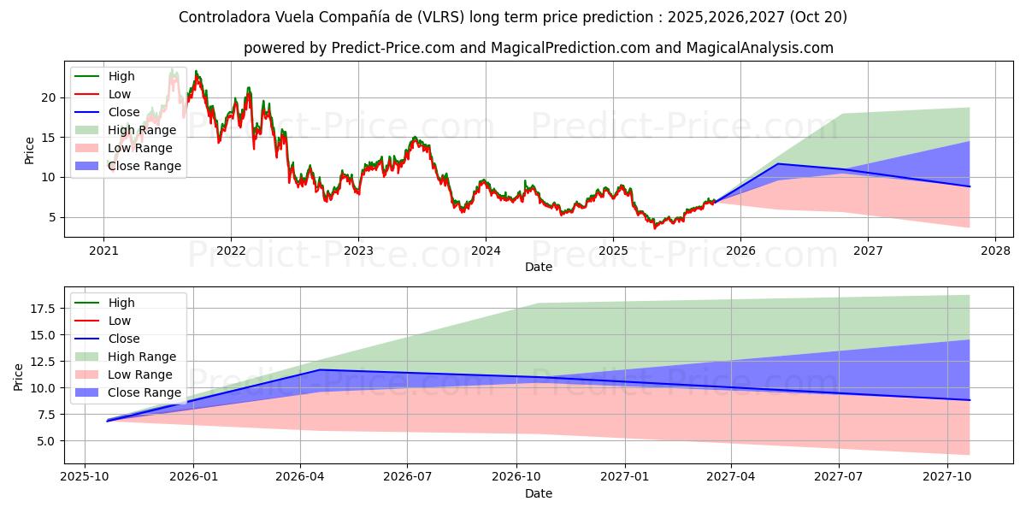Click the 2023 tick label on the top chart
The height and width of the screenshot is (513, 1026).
[x=358, y=251]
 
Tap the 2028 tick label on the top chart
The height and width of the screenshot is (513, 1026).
[x=995, y=251]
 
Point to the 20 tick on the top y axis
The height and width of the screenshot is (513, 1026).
[x=50, y=97]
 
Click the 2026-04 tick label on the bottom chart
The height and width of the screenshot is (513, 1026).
[x=301, y=477]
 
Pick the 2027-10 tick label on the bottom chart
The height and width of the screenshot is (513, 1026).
[x=947, y=477]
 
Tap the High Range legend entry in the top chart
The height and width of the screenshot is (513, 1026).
[x=142, y=130]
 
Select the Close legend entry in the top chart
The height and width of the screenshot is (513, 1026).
[x=125, y=112]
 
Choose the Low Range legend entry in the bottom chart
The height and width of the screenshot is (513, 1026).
[x=140, y=374]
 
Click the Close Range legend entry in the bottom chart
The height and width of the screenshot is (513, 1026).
[x=144, y=392]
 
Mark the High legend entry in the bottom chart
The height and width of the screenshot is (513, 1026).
[x=121, y=303]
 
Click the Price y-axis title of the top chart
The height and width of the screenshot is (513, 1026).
[x=30, y=150]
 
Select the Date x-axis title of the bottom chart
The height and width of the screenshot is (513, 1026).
[x=539, y=493]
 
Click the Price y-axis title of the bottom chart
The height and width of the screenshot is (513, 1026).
[x=19, y=376]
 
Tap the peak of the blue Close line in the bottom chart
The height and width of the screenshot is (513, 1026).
[x=320, y=369]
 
